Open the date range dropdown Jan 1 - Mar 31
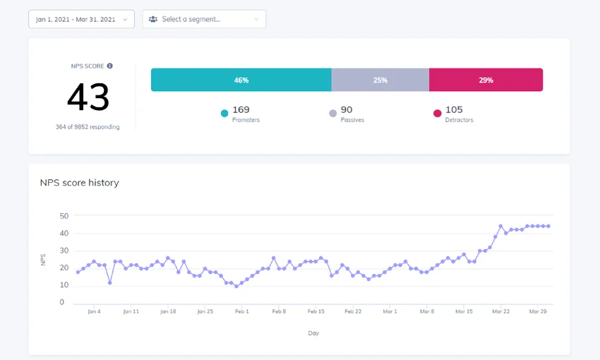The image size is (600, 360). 81,19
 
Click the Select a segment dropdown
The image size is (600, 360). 204,19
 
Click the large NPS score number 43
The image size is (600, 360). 88,97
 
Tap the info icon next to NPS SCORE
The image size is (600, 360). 110,66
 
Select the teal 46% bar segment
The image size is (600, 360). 241,80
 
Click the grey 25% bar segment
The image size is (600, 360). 380,80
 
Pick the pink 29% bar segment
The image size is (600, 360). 486,80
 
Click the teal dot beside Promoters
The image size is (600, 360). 224,113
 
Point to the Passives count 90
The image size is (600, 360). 346,109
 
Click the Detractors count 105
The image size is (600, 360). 455,109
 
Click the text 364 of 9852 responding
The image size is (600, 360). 88,127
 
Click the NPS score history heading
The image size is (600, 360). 79,183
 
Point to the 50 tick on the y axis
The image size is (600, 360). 64,216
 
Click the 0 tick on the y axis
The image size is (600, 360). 62,302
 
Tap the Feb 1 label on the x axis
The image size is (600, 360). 242,311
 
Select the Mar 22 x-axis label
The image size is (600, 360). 500,311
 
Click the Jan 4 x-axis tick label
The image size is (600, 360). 93,311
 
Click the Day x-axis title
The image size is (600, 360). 313,332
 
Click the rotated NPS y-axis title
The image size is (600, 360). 43,260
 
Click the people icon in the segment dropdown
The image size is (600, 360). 153,19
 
